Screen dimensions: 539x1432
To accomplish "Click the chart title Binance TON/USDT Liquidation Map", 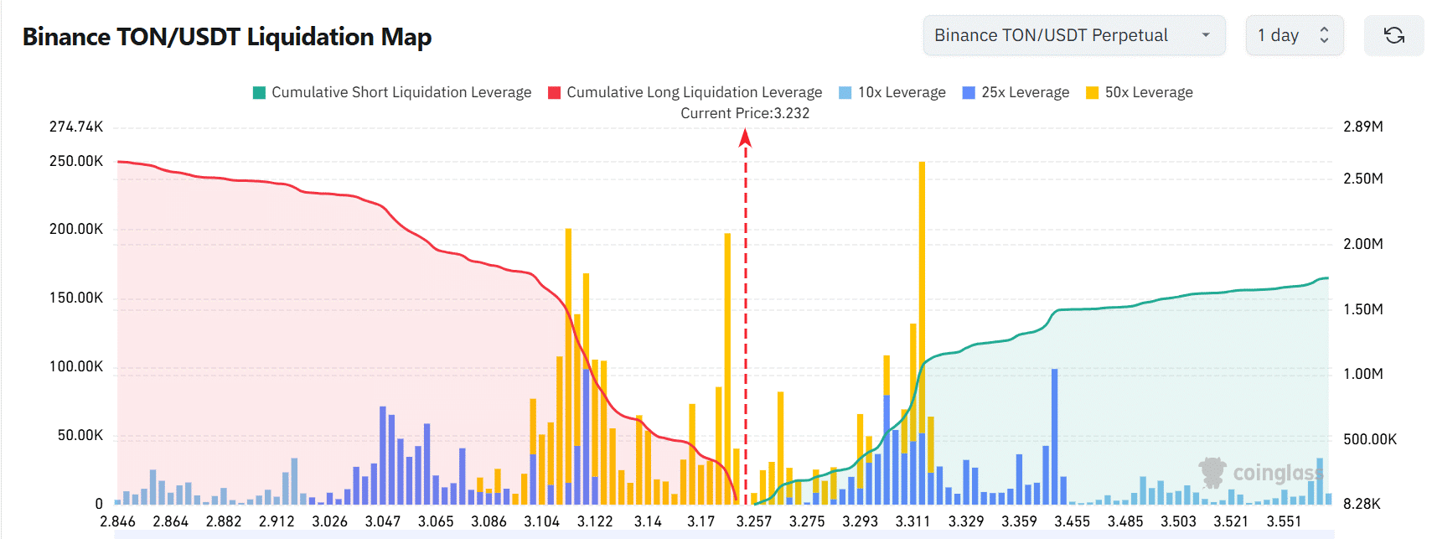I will (x=227, y=37).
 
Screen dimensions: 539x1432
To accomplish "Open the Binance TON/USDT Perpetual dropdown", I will (x=1073, y=35).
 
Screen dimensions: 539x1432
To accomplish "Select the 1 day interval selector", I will (x=1294, y=35).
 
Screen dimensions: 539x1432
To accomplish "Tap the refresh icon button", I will (x=1393, y=35).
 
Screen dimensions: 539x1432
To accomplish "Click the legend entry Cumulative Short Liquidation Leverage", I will (x=392, y=92).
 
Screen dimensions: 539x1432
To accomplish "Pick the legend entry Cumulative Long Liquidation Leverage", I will (x=685, y=92).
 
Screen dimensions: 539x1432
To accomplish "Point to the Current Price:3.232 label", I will (x=745, y=113).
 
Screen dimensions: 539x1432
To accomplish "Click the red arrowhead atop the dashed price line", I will (x=745, y=138).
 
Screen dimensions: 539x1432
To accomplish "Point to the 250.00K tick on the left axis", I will (x=76, y=161).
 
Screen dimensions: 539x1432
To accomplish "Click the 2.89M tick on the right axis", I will (x=1363, y=127).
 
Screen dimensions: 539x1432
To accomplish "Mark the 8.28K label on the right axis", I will (x=1362, y=504).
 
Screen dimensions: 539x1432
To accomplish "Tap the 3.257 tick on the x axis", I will (x=754, y=521).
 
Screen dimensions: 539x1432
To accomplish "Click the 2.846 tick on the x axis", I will (x=117, y=521).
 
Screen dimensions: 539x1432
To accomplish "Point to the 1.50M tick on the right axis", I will (x=1363, y=309).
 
